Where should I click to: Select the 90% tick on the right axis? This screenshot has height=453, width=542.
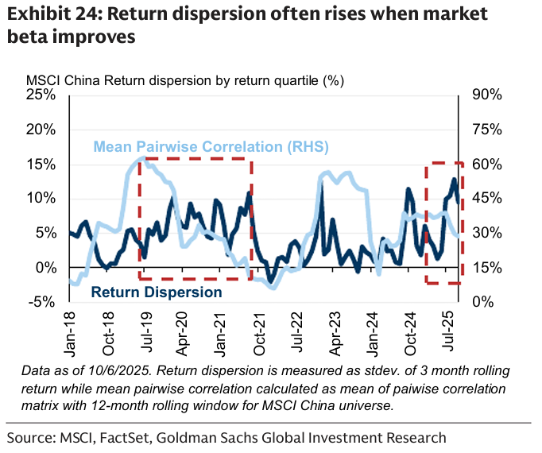[x=484, y=95]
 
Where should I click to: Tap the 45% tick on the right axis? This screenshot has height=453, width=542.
[x=484, y=198]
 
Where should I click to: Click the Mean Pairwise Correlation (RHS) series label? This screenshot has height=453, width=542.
[x=211, y=147]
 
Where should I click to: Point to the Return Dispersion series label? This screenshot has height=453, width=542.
[x=157, y=292]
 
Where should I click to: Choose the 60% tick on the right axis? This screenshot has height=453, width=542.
[x=484, y=164]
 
